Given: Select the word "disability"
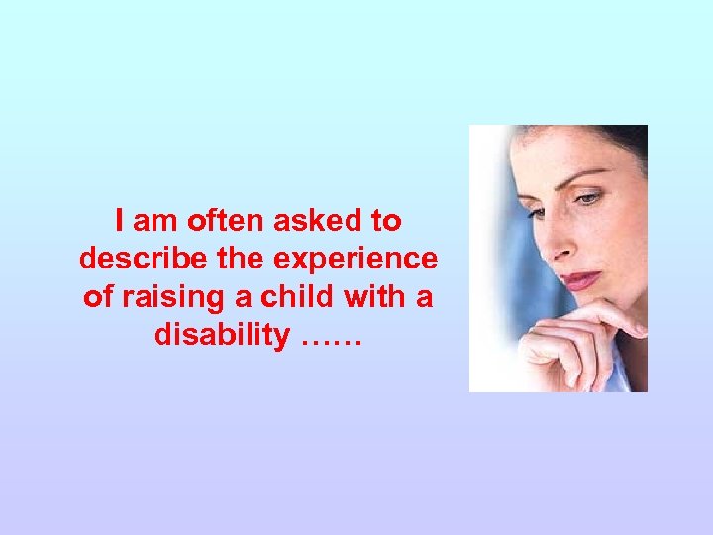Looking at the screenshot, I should pos(220,336).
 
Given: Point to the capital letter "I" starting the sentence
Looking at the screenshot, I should pos(119,220).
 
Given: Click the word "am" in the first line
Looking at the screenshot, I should pos(153,220).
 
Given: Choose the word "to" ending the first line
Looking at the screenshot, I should pos(386,220).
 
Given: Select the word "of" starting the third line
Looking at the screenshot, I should pos(99,297).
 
